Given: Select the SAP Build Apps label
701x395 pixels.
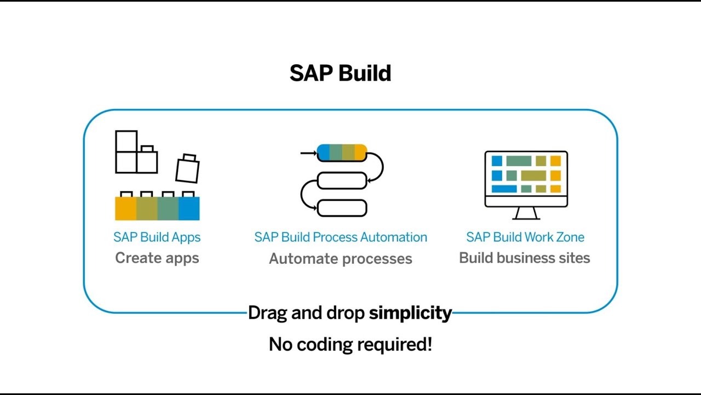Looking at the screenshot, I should (x=157, y=237).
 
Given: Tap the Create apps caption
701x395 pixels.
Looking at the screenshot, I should (x=157, y=258).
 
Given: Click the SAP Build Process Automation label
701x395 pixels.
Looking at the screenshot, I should (x=340, y=237).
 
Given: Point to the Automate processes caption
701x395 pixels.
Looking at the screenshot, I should (x=340, y=258).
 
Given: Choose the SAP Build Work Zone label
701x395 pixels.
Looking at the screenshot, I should (x=525, y=237).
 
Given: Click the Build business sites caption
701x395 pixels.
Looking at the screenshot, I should (x=524, y=258).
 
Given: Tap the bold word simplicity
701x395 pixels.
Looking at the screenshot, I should (x=410, y=313).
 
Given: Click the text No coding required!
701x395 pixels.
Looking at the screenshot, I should (x=350, y=345).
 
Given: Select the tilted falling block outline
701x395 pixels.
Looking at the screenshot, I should (x=187, y=169).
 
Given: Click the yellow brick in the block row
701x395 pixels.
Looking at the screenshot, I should (x=125, y=208).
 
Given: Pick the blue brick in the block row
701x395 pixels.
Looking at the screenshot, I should (x=189, y=208).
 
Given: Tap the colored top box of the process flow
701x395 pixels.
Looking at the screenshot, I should (x=342, y=153).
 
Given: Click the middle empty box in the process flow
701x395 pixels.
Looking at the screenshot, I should (x=342, y=180).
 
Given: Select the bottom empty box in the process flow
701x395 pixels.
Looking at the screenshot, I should (x=342, y=208).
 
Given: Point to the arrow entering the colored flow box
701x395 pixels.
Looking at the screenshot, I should (x=308, y=153).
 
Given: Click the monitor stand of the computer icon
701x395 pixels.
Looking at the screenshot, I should (x=526, y=213).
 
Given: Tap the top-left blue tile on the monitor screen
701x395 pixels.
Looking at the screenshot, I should (x=497, y=161).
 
